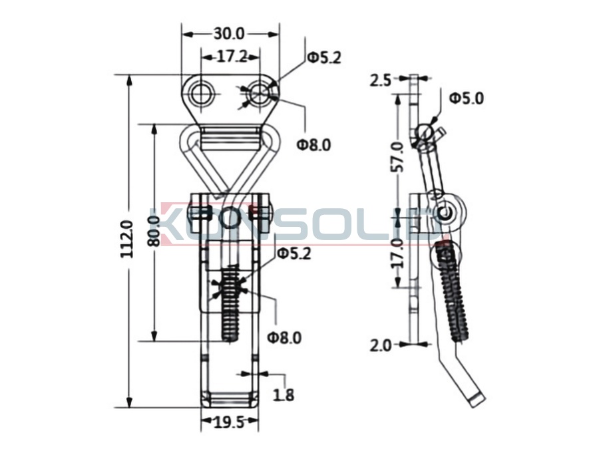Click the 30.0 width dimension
tap(228, 34)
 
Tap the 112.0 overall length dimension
tap(127, 239)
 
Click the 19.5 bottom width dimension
tap(228, 422)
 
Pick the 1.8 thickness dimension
tap(284, 394)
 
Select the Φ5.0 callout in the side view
tap(467, 98)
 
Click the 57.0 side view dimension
tap(397, 156)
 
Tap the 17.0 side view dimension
tap(397, 253)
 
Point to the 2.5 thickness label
tap(381, 80)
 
